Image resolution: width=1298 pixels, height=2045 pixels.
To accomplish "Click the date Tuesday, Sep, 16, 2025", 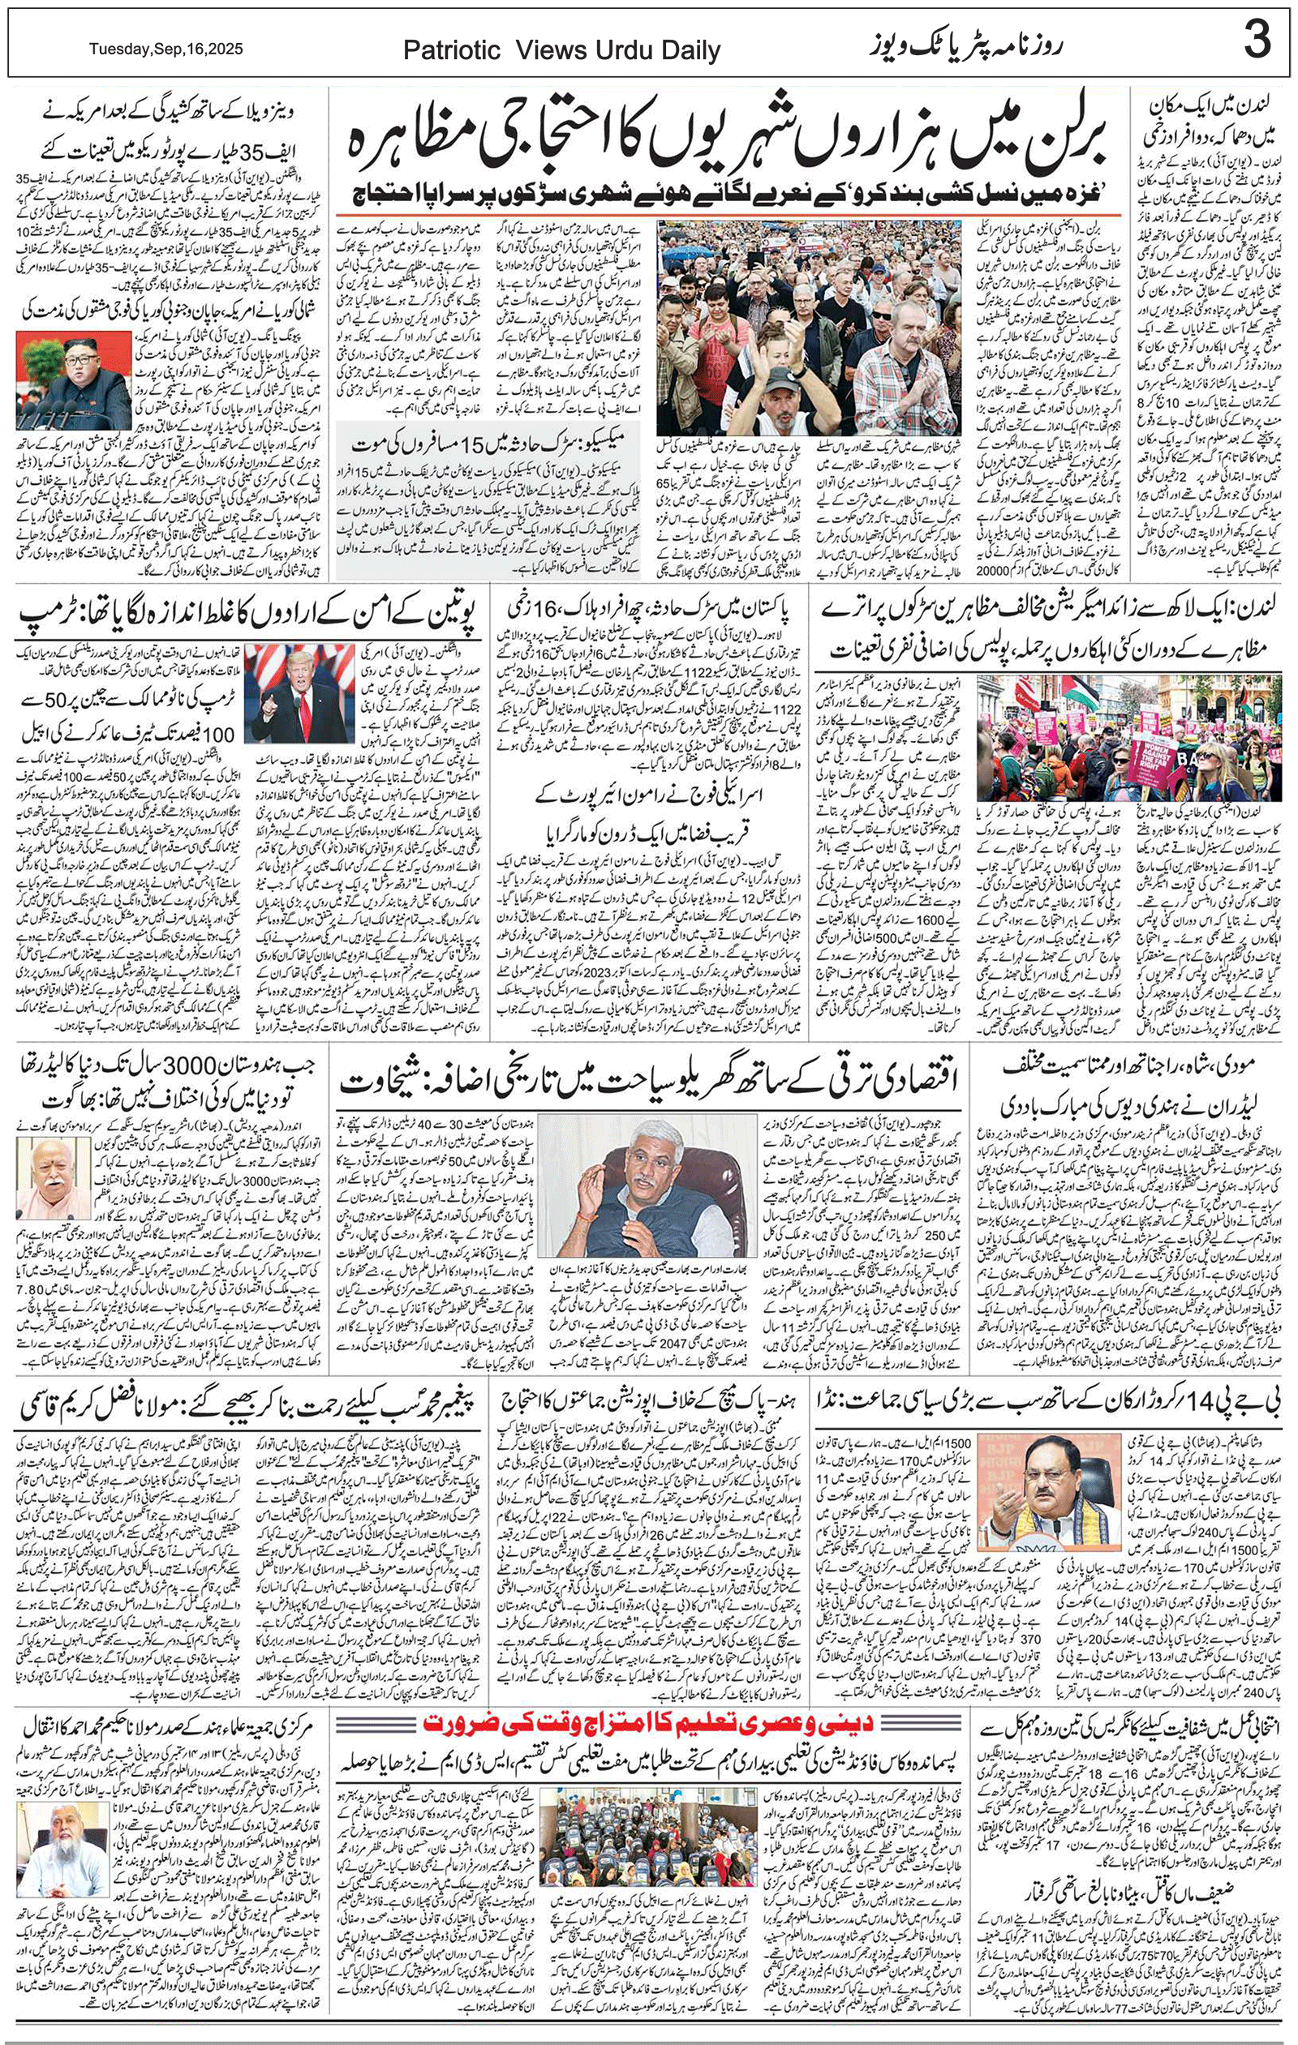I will (x=166, y=49).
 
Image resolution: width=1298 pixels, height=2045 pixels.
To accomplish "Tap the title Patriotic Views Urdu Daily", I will (x=561, y=51).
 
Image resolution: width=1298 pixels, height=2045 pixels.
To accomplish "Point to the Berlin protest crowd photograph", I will (x=810, y=328).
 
